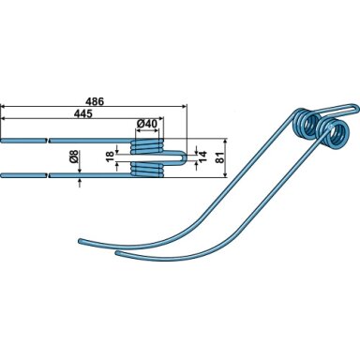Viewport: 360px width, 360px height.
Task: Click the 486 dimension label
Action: tap(95, 101)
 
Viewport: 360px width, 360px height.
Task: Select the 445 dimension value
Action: tap(83, 113)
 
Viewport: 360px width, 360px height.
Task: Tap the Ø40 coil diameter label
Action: tap(147, 124)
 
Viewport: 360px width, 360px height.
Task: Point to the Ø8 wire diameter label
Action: tap(74, 157)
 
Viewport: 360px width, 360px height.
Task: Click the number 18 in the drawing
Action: tap(110, 156)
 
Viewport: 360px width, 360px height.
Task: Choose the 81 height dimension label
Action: tap(220, 157)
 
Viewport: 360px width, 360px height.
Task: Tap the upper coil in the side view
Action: tap(147, 146)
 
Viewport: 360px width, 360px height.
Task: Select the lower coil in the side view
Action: tap(147, 169)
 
